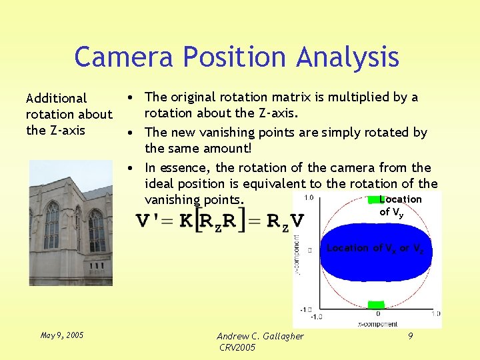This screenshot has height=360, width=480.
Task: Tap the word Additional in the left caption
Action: (57, 98)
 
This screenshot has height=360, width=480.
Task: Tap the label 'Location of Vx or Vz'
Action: (375, 248)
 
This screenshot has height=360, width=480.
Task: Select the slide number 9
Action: (410, 336)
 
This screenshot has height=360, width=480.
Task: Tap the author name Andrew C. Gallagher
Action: (261, 336)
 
